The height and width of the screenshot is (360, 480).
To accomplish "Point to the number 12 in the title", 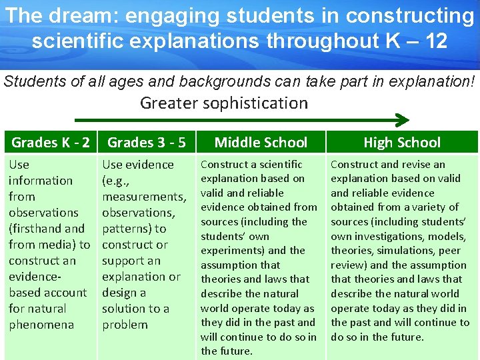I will click(435, 41).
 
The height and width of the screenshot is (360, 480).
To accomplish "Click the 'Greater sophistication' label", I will click(224, 103).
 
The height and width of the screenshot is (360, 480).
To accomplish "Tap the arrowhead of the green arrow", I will click(402, 120).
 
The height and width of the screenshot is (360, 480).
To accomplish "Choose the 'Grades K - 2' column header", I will click(51, 142).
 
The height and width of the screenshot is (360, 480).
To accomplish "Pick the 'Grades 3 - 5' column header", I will click(146, 142).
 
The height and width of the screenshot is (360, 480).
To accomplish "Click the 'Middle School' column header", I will click(261, 142).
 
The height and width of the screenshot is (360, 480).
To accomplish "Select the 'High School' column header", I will click(402, 142).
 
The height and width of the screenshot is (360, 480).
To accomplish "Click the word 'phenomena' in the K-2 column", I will click(41, 325).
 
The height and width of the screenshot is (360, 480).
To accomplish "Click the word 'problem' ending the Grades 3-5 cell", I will click(125, 325).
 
